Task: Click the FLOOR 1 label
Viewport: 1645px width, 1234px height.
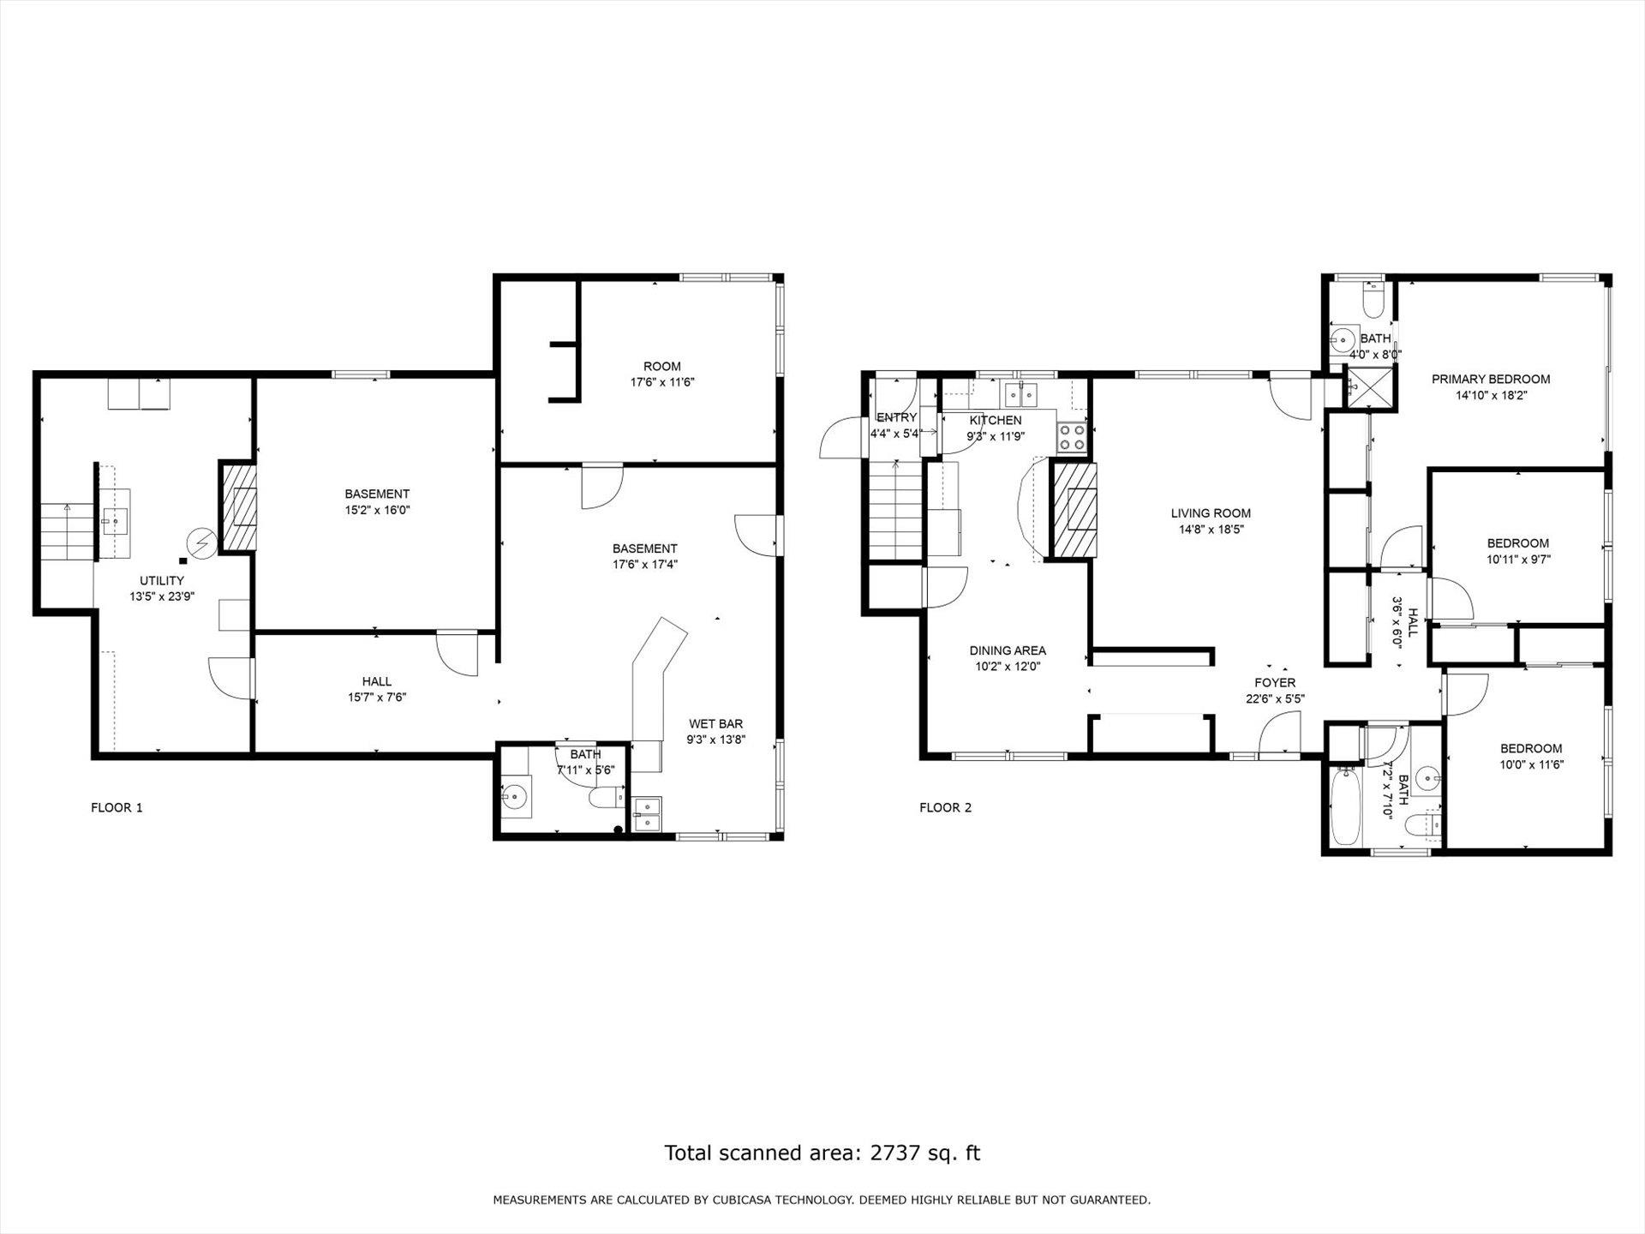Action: tap(117, 807)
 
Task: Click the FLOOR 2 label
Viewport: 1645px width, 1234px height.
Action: tap(945, 807)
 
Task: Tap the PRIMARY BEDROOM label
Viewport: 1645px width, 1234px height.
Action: tap(1491, 379)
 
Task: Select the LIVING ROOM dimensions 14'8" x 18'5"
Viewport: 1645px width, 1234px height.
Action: tap(1211, 530)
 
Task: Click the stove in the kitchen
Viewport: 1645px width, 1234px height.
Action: tap(1072, 438)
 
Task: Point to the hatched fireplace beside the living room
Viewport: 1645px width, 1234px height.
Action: tap(1074, 511)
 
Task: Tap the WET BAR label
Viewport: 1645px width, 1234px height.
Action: tap(715, 724)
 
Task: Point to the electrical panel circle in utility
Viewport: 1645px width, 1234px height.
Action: tap(203, 543)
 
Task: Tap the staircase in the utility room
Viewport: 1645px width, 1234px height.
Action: tap(66, 531)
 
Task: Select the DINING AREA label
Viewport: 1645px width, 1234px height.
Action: tap(1008, 650)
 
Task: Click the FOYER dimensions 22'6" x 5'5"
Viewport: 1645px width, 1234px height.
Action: tap(1275, 698)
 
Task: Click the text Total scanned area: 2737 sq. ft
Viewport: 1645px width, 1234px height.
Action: tap(822, 1153)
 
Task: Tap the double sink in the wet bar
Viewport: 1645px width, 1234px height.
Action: tap(647, 814)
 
